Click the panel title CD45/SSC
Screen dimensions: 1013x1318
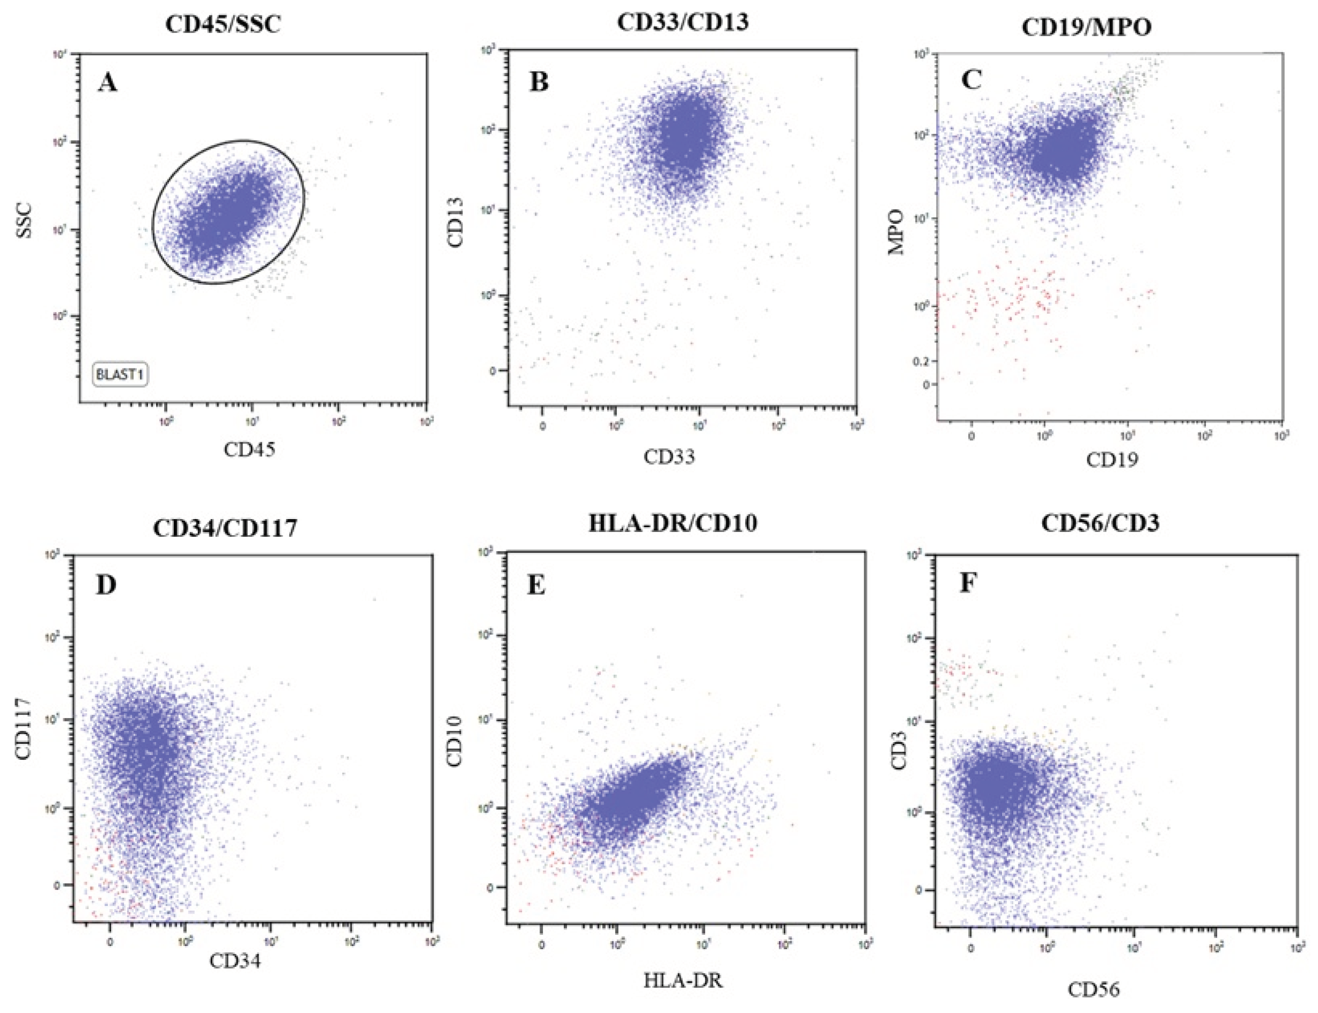(223, 25)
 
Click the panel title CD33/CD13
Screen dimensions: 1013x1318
(682, 23)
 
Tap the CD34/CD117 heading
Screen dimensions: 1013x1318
(225, 528)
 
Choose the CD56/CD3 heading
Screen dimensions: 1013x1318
(1100, 523)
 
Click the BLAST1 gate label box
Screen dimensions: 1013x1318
(121, 374)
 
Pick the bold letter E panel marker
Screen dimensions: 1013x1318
(536, 585)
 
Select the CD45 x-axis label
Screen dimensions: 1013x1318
(249, 449)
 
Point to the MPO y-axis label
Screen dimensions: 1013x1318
(896, 232)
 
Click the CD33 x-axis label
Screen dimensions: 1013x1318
(669, 456)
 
